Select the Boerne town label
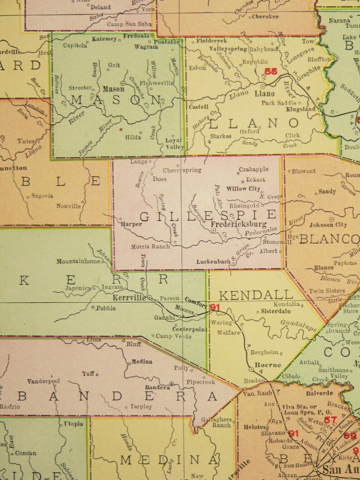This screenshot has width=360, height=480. point(268,365)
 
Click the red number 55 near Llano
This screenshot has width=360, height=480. point(271,71)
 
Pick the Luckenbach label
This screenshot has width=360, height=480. point(214,262)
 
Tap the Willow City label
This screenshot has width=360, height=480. point(243,189)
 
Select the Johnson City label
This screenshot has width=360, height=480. point(328,224)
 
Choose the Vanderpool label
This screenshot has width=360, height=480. point(44,381)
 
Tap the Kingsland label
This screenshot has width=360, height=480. point(301,110)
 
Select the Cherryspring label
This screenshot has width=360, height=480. point(183,170)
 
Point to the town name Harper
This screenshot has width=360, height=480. point(131,224)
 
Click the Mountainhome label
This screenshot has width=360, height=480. point(78,262)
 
